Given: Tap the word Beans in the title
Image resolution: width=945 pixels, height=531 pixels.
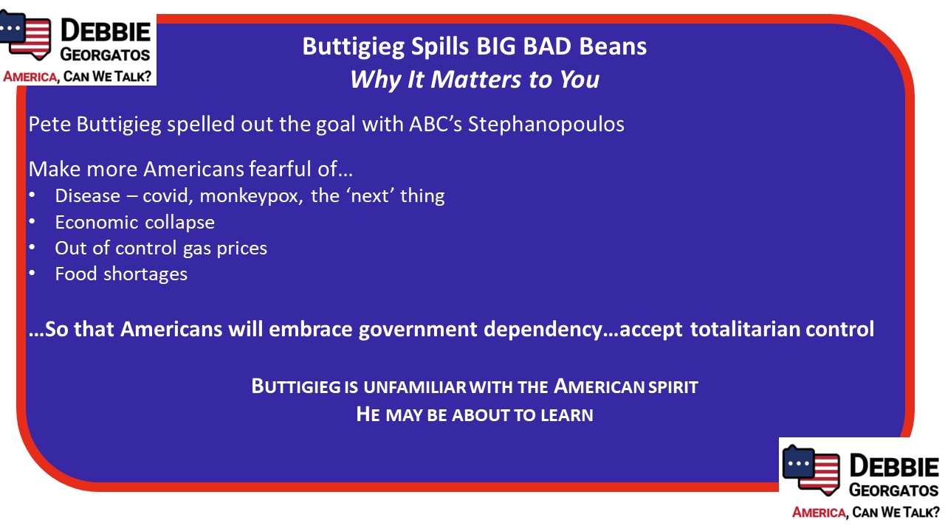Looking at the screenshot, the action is pyautogui.click(x=613, y=46).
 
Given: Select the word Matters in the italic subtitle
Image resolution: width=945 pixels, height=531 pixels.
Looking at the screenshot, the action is pyautogui.click(x=475, y=79).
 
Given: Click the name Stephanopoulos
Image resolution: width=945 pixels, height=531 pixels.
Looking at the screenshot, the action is pyautogui.click(x=546, y=125).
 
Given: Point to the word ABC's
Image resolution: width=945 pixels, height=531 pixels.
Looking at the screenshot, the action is pyautogui.click(x=436, y=125).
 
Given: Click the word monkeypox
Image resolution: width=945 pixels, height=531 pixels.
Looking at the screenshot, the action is pyautogui.click(x=251, y=196).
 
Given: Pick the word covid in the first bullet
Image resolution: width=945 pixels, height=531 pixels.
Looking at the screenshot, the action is pyautogui.click(x=168, y=196).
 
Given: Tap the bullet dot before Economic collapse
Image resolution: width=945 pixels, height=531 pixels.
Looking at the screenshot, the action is pyautogui.click(x=32, y=221).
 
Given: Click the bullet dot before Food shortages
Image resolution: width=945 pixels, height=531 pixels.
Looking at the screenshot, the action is pyautogui.click(x=32, y=273).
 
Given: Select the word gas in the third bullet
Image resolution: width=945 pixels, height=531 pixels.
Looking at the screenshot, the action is pyautogui.click(x=197, y=249).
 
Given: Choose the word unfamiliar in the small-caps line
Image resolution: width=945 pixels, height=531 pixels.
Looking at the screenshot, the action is pyautogui.click(x=414, y=387).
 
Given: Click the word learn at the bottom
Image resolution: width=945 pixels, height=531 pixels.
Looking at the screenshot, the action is pyautogui.click(x=567, y=414).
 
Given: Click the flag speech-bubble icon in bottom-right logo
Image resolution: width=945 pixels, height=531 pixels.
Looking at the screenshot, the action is pyautogui.click(x=811, y=470).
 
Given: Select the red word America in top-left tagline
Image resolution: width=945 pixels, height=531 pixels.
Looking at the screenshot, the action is pyautogui.click(x=30, y=77).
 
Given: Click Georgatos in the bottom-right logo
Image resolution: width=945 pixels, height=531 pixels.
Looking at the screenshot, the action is pyautogui.click(x=894, y=490).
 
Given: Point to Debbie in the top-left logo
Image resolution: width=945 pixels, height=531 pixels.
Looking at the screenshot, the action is pyautogui.click(x=106, y=31).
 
